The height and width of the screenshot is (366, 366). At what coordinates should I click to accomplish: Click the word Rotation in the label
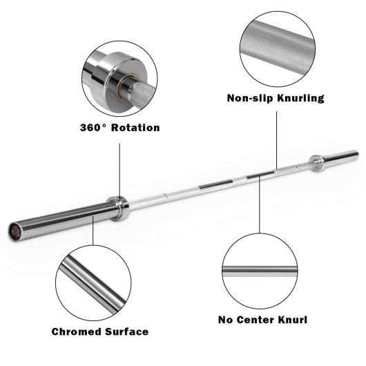[x=135, y=128]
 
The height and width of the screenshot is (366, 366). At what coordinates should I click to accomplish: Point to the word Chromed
[x=76, y=331]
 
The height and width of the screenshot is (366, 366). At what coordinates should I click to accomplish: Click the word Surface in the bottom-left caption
[x=125, y=331]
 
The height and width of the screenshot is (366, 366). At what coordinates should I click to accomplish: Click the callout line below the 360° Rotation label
[x=120, y=166]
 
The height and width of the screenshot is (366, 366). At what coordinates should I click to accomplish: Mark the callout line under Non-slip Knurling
[x=277, y=138]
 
